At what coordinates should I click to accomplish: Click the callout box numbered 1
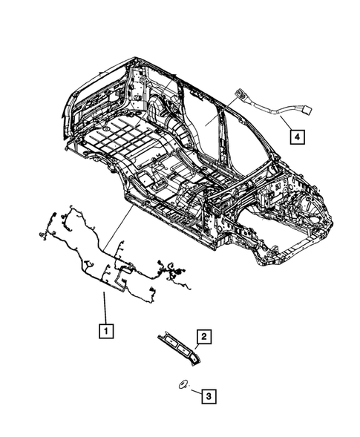(108, 331)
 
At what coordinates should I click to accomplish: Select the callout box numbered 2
(204, 336)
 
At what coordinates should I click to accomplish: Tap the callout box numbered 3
(209, 396)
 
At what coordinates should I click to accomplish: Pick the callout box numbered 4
(295, 137)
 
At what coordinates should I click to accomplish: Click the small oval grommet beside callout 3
(182, 384)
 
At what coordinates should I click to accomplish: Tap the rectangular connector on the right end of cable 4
(304, 111)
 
